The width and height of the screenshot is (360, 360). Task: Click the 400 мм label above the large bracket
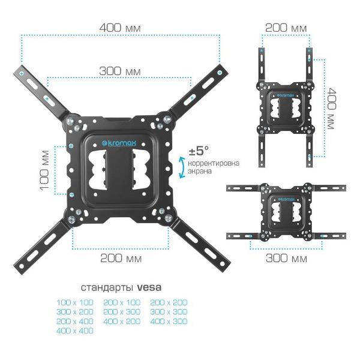(x=120, y=28)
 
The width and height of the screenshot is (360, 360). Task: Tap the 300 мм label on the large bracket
(x=120, y=71)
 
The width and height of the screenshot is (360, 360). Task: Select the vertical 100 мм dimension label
(x=44, y=170)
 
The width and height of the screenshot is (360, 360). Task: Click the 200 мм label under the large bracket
(x=121, y=258)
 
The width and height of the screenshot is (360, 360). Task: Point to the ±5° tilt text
(x=199, y=151)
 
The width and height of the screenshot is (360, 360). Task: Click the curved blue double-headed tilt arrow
(x=182, y=167)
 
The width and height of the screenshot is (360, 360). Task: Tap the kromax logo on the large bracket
(x=119, y=143)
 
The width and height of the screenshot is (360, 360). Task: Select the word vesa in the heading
(x=149, y=287)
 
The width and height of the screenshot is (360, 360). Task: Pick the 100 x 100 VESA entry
(x=75, y=302)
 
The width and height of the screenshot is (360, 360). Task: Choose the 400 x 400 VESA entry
(x=75, y=331)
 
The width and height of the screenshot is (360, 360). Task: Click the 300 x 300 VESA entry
(x=169, y=312)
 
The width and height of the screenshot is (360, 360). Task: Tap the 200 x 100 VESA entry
(x=122, y=302)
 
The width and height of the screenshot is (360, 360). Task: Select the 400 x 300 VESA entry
(x=169, y=321)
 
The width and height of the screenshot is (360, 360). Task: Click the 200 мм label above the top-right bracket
(x=286, y=28)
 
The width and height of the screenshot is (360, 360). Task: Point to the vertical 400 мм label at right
(x=332, y=109)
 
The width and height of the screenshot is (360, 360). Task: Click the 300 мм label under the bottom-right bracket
(x=286, y=258)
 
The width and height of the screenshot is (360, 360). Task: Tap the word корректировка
(x=214, y=163)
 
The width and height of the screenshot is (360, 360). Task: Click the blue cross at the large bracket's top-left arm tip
(x=22, y=73)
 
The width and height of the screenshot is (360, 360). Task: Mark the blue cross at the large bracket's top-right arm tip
(x=220, y=73)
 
